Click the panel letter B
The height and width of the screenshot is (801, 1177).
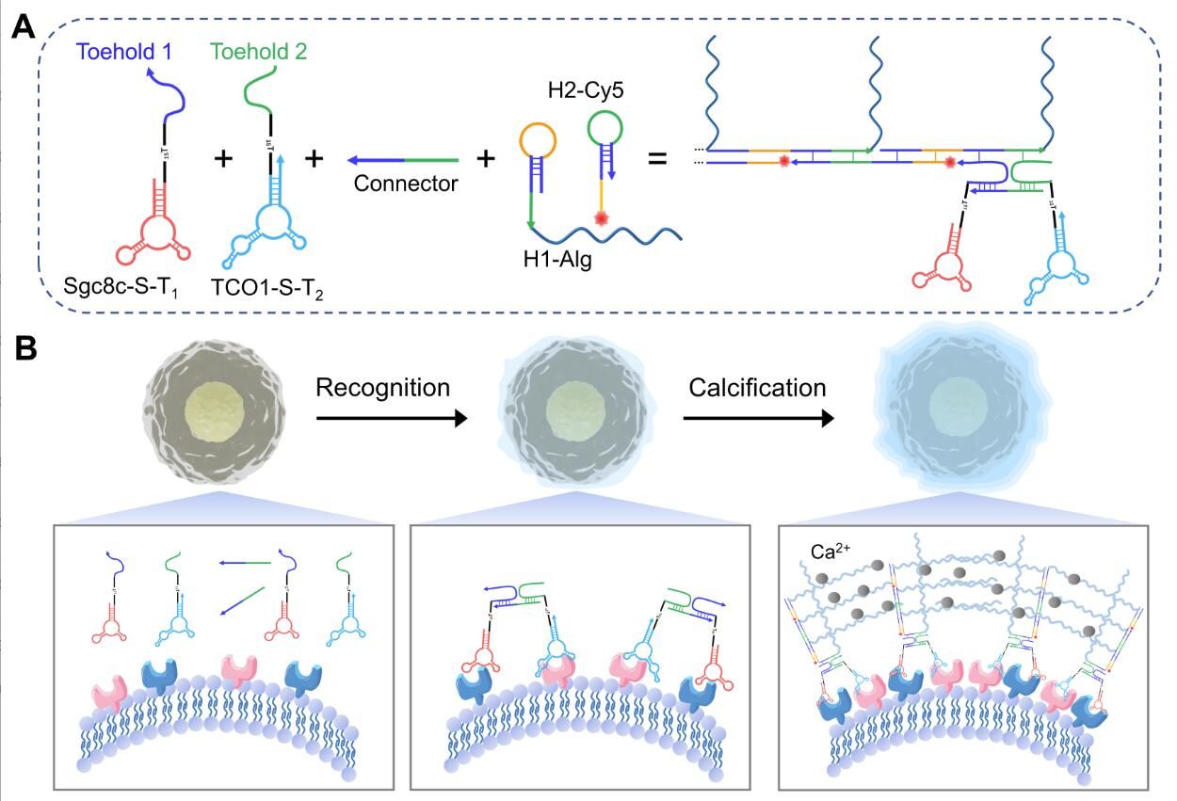pyautogui.click(x=24, y=348)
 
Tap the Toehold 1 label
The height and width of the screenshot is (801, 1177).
pyautogui.click(x=118, y=52)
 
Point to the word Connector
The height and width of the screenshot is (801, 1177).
pyautogui.click(x=405, y=184)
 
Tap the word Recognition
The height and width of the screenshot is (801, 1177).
pyautogui.click(x=383, y=388)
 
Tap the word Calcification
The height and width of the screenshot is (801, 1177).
pyautogui.click(x=756, y=388)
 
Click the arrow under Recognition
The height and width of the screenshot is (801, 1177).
pyautogui.click(x=391, y=419)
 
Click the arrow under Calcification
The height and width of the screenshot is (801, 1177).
pyautogui.click(x=758, y=419)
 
